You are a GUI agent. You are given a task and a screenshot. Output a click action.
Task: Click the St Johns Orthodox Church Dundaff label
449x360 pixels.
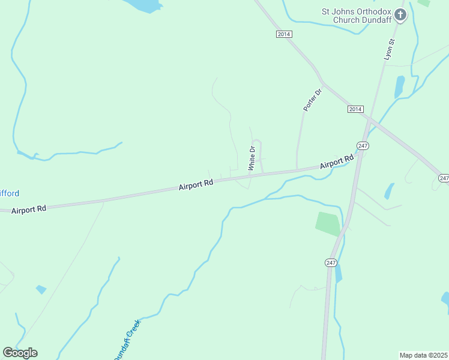click(x=356, y=15)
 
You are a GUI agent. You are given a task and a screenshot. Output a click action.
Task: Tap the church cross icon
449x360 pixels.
click(x=400, y=15)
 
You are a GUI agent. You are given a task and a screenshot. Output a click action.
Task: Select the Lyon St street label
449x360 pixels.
click(x=388, y=49)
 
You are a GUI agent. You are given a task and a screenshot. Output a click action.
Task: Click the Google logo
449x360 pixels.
click(x=20, y=352)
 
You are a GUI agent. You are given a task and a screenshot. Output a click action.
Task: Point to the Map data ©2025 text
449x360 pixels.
click(x=423, y=355)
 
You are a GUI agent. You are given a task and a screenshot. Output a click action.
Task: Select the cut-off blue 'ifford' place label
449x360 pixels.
click(x=10, y=193)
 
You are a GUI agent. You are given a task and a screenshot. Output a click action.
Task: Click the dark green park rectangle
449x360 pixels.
click(x=328, y=224)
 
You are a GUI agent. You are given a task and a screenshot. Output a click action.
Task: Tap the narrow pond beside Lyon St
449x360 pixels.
click(x=399, y=87)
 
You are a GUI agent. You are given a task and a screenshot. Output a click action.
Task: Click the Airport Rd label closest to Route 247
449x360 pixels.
click(x=336, y=162)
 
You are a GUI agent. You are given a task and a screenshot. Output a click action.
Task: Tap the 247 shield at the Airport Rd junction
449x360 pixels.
click(x=362, y=146)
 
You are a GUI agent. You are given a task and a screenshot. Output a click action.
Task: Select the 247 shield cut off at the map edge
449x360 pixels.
click(x=444, y=178)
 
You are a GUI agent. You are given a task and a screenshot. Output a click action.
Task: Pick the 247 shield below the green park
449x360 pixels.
click(x=331, y=263)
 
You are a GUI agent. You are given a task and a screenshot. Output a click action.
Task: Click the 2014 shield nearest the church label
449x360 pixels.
click(x=284, y=34)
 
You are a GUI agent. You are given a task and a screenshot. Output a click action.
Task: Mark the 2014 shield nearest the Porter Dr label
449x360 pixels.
click(x=355, y=109)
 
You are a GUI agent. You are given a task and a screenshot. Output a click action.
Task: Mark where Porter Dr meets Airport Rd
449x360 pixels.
click(x=297, y=169)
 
